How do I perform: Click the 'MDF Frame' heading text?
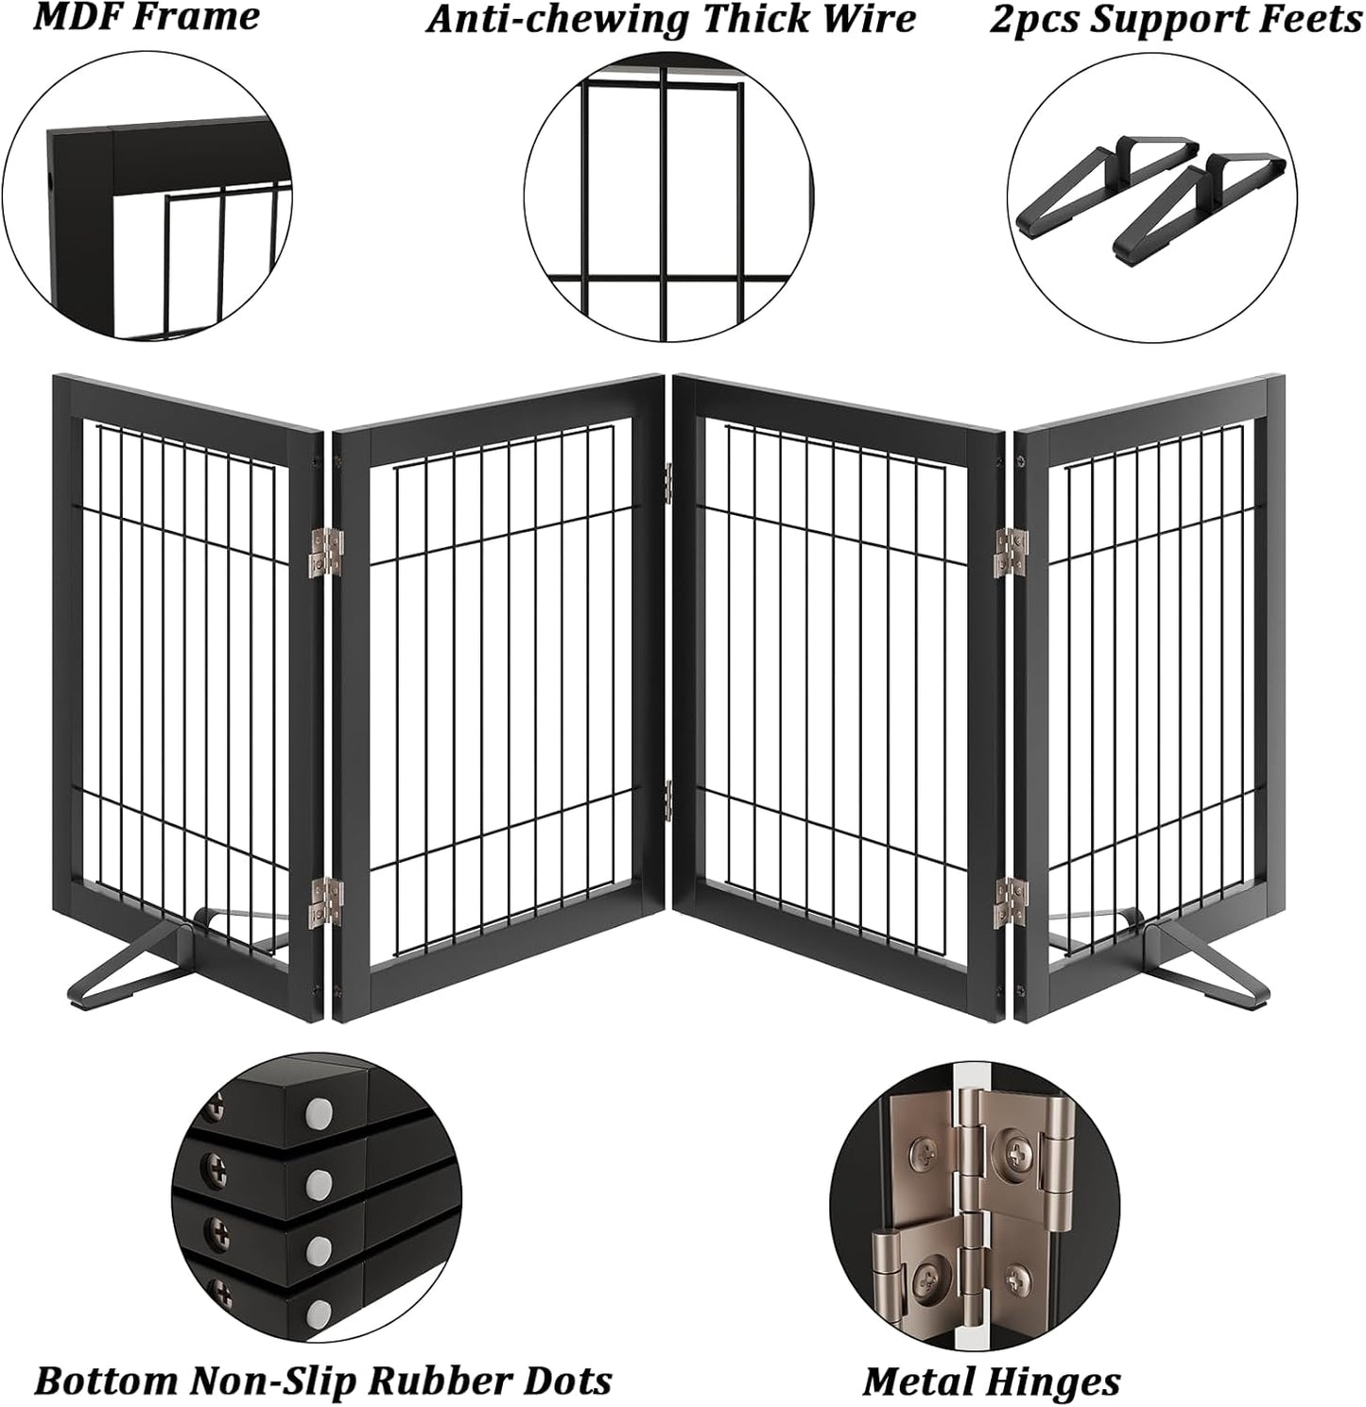pos(146,17)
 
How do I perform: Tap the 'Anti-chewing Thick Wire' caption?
pos(670,19)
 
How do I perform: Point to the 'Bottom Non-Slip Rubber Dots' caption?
pos(322,1380)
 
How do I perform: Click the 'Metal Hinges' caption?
pos(991,1380)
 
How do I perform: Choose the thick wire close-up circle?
pos(667,197)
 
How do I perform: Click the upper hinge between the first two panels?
pos(327,554)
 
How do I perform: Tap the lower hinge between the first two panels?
pos(327,898)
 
